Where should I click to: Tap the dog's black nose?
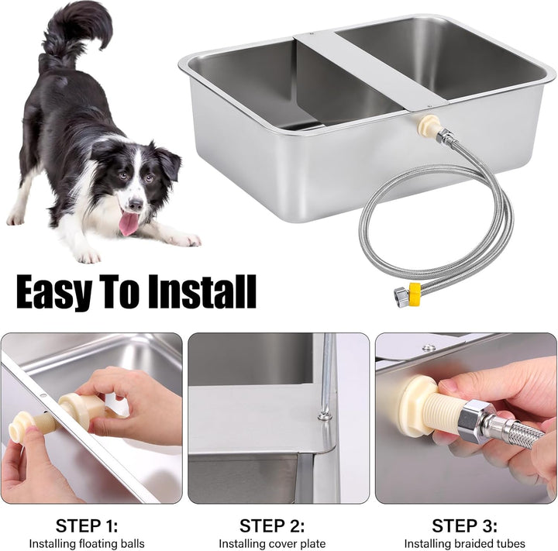pos(136,205)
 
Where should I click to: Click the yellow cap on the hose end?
pos(415,294)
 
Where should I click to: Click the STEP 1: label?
pos(87,525)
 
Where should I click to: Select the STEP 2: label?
pos(272,525)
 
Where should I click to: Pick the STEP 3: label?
pos(464,525)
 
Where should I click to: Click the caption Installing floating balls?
pos(87,543)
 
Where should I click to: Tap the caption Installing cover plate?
pos(272,543)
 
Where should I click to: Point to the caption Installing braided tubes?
pos(464,543)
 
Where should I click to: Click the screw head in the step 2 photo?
pos(323,415)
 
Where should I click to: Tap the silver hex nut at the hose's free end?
pos(401,295)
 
